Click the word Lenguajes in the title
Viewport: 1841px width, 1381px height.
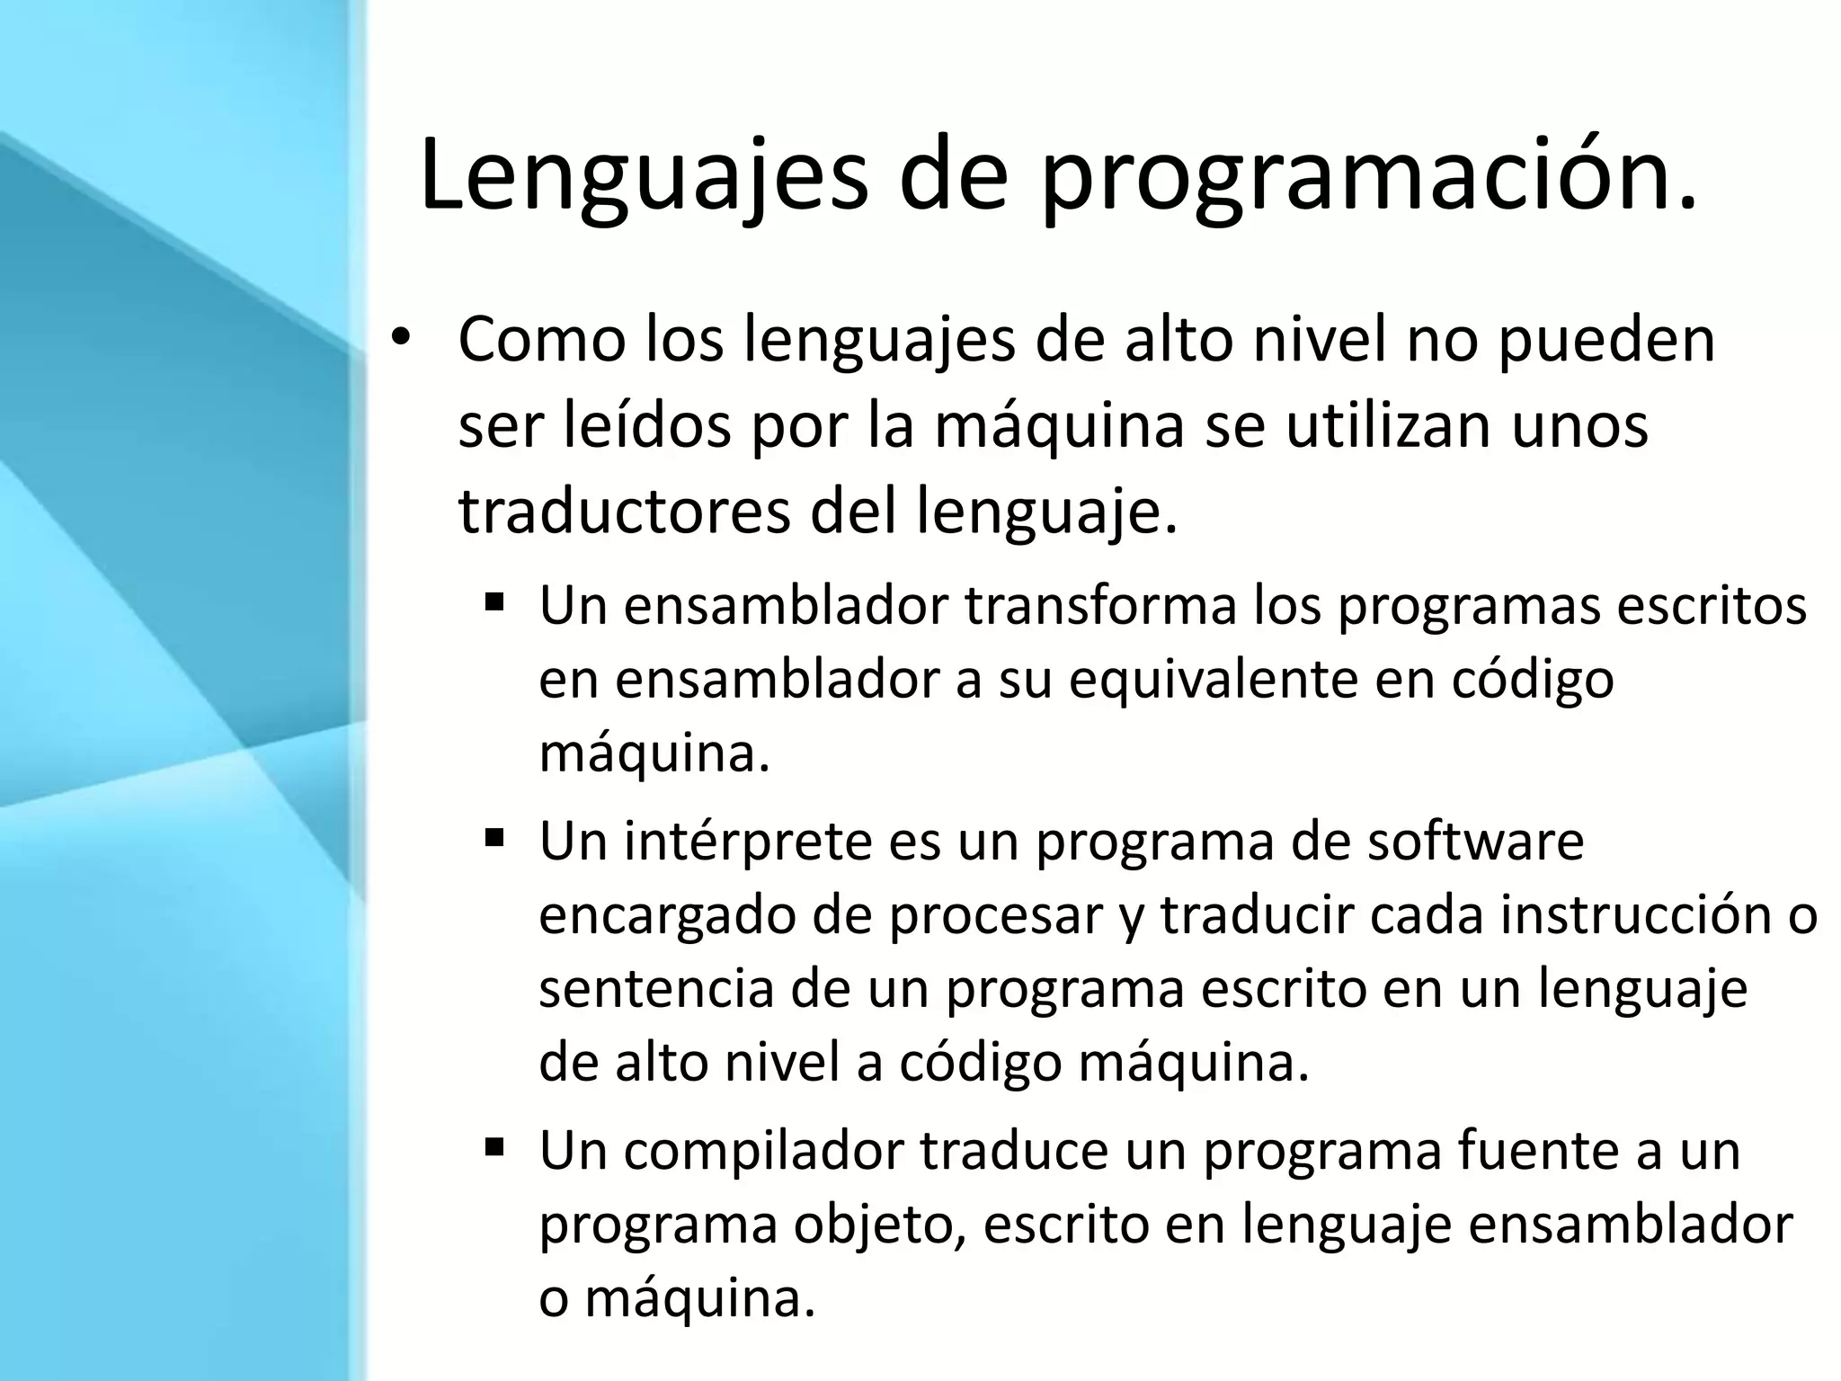click(644, 175)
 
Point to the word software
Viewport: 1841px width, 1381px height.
click(1475, 842)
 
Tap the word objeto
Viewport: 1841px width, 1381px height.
click(880, 1225)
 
